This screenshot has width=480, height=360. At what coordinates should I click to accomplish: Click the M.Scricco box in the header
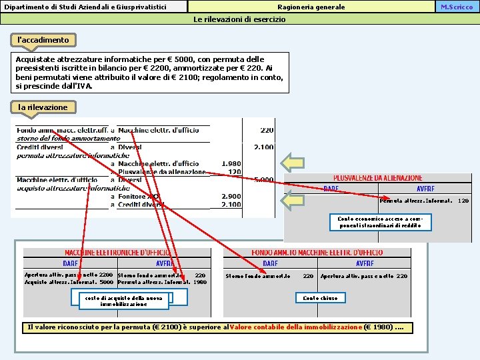(x=457, y=7)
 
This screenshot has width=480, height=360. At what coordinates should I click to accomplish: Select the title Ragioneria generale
(x=311, y=7)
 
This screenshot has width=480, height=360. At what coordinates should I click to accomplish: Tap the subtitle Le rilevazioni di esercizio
(x=239, y=19)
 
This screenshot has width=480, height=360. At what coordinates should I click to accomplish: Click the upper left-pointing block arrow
(x=292, y=162)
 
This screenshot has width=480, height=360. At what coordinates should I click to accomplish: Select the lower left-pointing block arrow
(x=292, y=201)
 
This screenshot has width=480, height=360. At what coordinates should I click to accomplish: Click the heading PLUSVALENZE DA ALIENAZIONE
(x=377, y=178)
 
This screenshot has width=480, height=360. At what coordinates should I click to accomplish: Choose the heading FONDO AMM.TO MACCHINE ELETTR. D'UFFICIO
(x=317, y=253)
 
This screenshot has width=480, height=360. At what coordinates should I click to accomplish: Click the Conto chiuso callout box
(x=320, y=298)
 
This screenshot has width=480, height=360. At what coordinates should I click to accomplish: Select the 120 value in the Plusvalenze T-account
(x=463, y=201)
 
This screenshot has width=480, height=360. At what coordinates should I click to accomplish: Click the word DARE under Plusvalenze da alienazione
(x=331, y=189)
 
